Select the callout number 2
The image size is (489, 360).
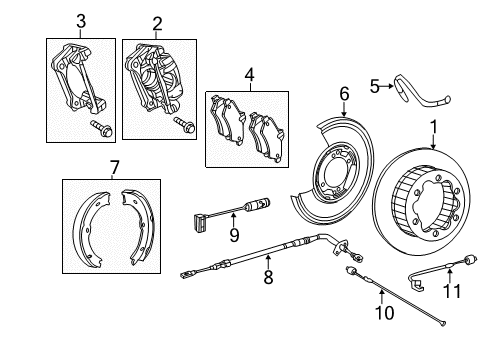point(156,22)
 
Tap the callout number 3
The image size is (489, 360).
point(80,21)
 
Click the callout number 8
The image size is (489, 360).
point(267,277)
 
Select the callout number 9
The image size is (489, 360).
point(234,236)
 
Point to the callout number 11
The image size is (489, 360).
point(450,291)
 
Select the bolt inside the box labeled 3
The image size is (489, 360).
point(102,126)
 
